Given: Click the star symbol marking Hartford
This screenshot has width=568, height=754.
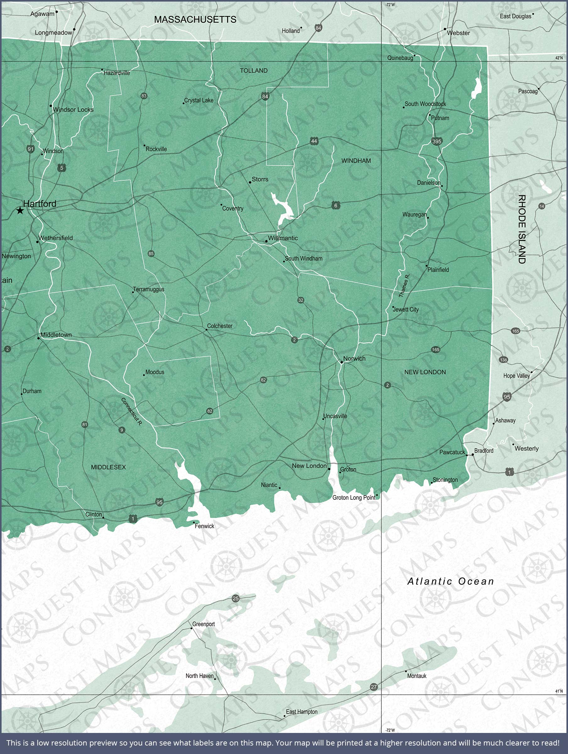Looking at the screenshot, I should (x=20, y=211).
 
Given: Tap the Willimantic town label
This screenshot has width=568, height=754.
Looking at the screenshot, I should (x=283, y=238).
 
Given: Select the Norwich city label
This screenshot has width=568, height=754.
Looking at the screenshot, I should (x=354, y=358).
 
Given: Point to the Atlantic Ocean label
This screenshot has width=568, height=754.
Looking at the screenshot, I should (x=451, y=581).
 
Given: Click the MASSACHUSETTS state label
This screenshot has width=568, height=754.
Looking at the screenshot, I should (x=195, y=19).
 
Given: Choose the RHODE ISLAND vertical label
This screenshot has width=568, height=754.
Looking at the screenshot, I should (x=522, y=229).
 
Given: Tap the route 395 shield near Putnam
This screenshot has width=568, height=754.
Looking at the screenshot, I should (x=436, y=141).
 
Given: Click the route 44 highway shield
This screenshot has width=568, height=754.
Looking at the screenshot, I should (x=314, y=141).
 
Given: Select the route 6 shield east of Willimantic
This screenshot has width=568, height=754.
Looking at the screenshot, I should (x=336, y=205).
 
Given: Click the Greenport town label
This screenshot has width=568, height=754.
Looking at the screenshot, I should (x=204, y=624).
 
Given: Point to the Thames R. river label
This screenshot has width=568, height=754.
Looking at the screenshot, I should (x=404, y=285).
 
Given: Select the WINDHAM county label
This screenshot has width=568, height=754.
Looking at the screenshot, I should (x=356, y=161).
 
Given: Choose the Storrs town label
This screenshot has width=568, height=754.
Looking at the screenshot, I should (x=260, y=179).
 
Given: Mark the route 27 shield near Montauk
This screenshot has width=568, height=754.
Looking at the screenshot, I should (x=374, y=687).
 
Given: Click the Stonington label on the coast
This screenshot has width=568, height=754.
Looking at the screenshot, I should (x=445, y=480).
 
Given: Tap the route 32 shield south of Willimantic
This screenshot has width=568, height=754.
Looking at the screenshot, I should (x=300, y=300).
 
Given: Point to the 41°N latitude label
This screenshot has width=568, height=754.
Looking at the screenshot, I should (x=559, y=691).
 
